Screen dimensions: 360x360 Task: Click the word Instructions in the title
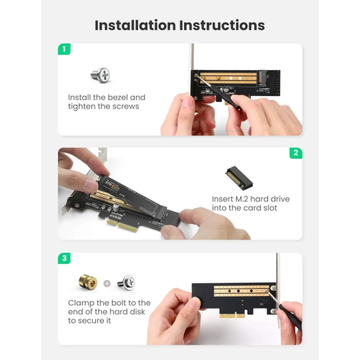click(x=222, y=25)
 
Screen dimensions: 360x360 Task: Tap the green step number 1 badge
click(x=64, y=49)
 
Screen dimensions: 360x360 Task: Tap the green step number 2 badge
click(x=295, y=153)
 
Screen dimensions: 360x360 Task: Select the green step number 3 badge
click(x=64, y=258)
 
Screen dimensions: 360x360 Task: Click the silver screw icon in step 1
click(x=100, y=75)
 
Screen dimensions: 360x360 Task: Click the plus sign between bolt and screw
click(x=106, y=283)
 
